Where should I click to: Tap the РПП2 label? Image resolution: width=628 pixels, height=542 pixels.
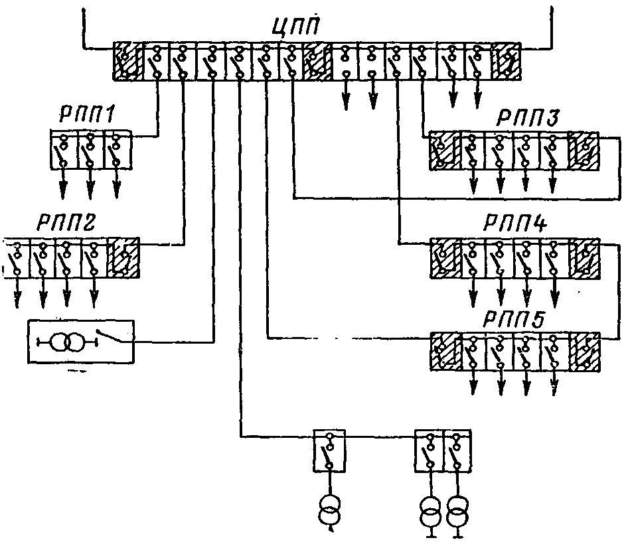point(66,223)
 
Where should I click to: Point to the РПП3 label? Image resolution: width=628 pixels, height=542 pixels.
point(528,117)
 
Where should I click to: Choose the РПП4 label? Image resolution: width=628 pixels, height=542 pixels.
point(515,224)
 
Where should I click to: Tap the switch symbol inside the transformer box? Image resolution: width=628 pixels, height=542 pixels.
point(110,336)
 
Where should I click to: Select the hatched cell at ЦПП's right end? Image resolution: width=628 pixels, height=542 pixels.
point(507,61)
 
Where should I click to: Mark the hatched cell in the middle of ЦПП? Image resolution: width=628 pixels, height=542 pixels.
point(317,61)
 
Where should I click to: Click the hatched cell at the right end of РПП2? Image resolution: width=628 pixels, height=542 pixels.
point(123,257)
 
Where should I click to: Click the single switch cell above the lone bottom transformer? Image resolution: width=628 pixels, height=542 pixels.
point(329,451)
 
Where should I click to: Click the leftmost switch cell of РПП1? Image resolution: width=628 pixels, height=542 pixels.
point(64,149)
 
